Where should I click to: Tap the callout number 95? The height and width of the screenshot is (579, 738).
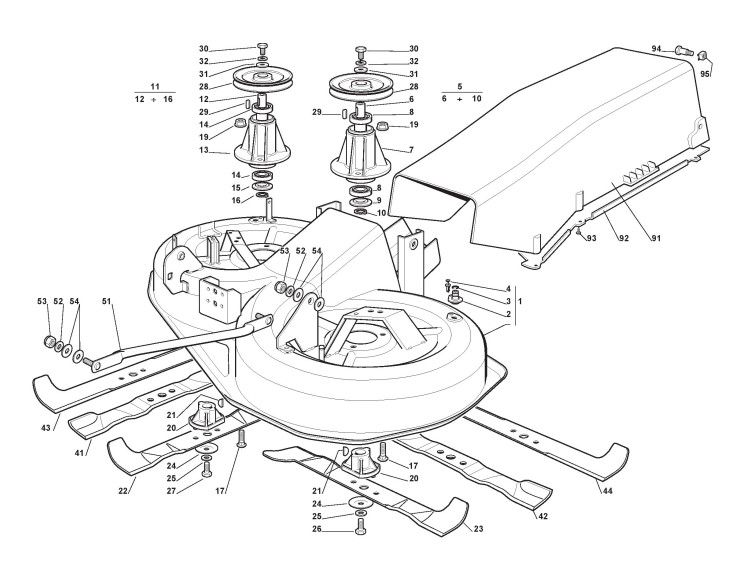click(706, 73)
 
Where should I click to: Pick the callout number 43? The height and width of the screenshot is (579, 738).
click(45, 401)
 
